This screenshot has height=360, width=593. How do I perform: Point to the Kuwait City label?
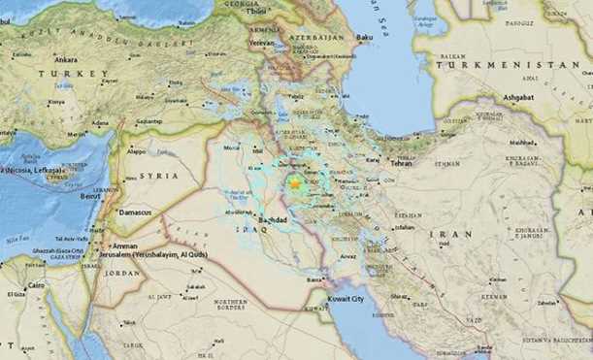[x=344, y=300]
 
